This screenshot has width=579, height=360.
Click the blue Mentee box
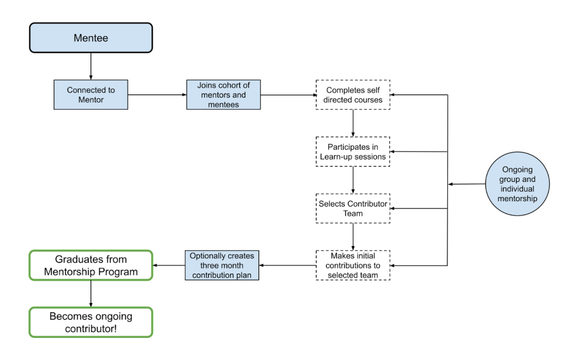[90, 38]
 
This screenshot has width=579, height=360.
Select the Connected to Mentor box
[90, 94]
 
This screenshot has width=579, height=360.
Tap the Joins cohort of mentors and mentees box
[223, 94]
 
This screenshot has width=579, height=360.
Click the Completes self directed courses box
[353, 94]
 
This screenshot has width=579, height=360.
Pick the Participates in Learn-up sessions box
[353, 151]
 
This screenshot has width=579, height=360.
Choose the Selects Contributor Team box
[353, 209]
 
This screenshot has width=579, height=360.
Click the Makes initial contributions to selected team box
[353, 265]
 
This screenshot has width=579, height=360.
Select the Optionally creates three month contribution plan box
[222, 265]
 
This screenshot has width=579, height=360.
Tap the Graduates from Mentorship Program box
[90, 265]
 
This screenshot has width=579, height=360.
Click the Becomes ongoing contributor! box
[90, 322]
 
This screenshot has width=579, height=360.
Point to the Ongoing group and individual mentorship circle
[517, 184]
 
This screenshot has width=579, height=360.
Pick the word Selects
[332, 204]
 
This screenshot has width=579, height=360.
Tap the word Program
[119, 271]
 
